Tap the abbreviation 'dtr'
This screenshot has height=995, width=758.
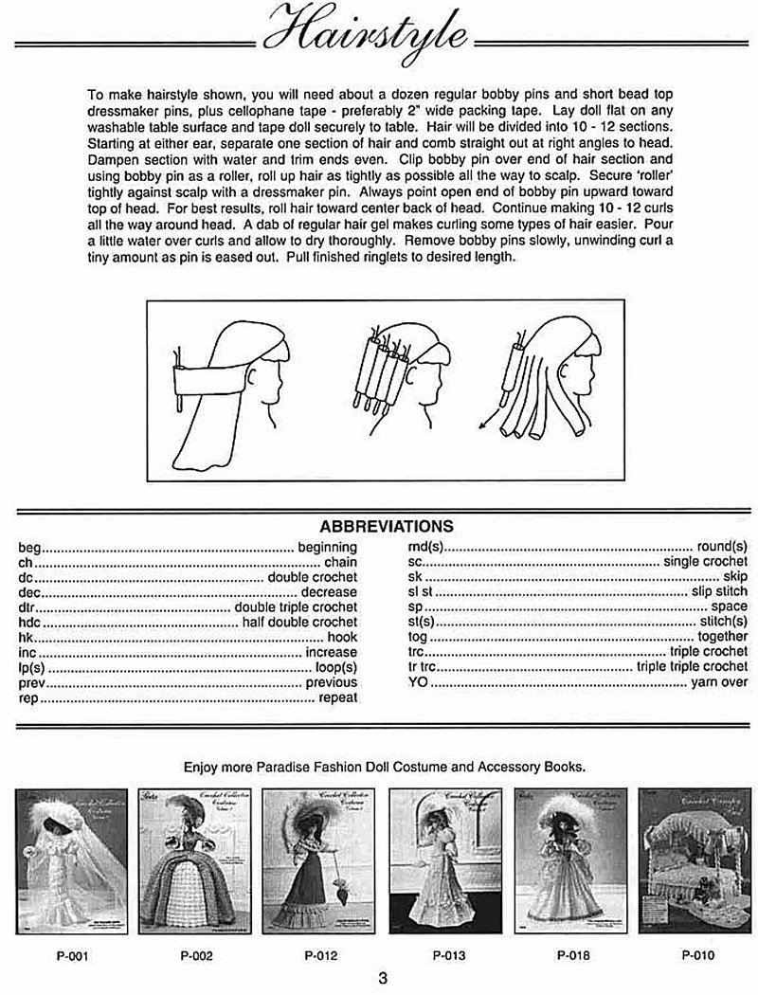[x=28, y=606]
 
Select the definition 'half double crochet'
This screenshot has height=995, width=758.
[x=299, y=622]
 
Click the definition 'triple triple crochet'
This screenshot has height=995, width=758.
[x=692, y=667]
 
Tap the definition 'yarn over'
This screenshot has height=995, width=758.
[x=719, y=682]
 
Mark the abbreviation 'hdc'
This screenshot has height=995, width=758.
[x=30, y=622]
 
